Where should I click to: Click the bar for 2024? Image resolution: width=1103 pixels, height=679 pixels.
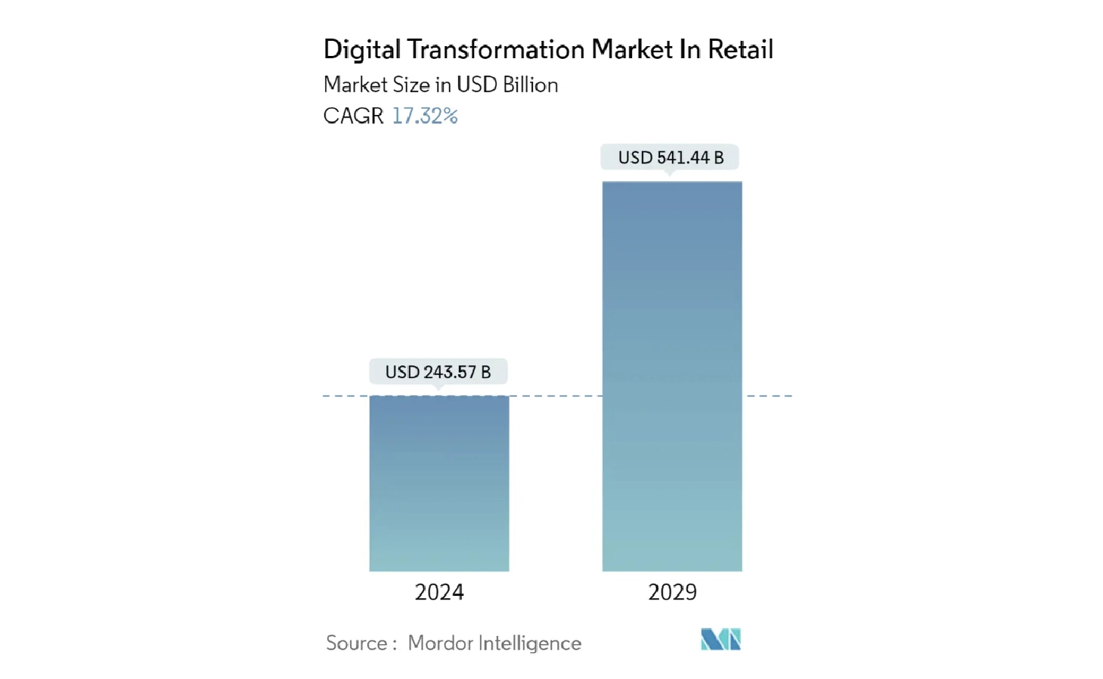coord(438,483)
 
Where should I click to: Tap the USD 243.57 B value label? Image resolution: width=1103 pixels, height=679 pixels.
coord(438,372)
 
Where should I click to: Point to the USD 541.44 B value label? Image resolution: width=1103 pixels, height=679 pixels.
coord(671,157)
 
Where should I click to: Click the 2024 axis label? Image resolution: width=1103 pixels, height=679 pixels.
coord(438,592)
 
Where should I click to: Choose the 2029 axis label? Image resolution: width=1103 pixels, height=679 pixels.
coord(672,592)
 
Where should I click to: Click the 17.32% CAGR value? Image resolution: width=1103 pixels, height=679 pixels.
coord(424,116)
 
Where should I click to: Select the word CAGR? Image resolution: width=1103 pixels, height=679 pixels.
coord(353,116)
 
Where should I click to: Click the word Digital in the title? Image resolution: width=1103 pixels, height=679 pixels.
coord(362,50)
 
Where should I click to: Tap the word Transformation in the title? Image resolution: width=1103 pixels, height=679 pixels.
coord(496,50)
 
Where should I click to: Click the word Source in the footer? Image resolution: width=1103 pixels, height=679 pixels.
coord(356,643)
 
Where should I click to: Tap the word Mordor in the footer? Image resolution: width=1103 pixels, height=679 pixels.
coord(440,643)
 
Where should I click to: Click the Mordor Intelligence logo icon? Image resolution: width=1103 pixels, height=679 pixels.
coord(720,640)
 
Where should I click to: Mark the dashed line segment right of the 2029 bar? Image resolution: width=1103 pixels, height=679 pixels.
coord(769,395)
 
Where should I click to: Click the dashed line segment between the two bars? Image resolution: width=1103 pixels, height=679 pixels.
coord(556,395)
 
